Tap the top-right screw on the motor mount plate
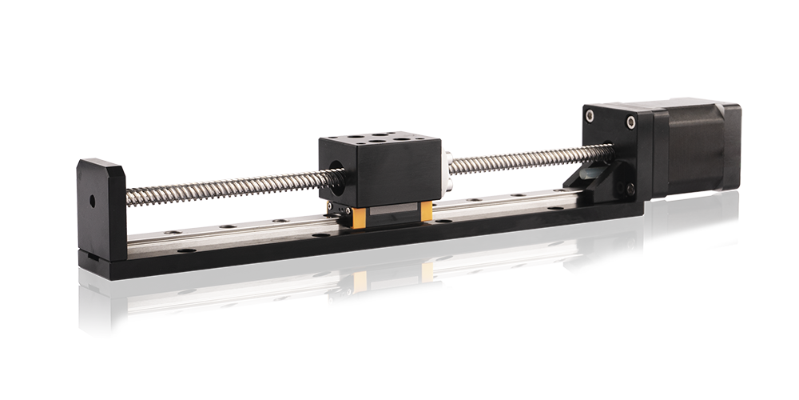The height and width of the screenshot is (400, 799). [x=630, y=122]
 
